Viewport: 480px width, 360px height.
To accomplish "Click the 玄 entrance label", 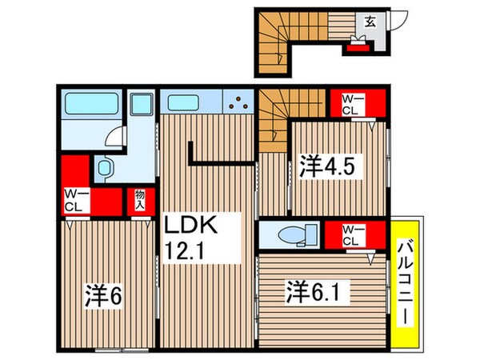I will pos(371,22).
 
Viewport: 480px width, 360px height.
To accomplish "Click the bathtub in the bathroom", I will pos(91,104).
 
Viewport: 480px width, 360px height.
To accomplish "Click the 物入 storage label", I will pos(139,199).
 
